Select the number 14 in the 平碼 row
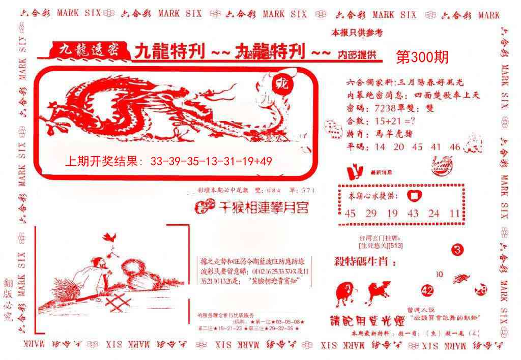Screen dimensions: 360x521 [380, 147]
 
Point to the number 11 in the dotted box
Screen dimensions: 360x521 [454, 214]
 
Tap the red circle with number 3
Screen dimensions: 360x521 [457, 250]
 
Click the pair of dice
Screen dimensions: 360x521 [333, 129]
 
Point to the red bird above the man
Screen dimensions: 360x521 [109, 236]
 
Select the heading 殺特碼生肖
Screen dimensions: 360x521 [357, 261]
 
